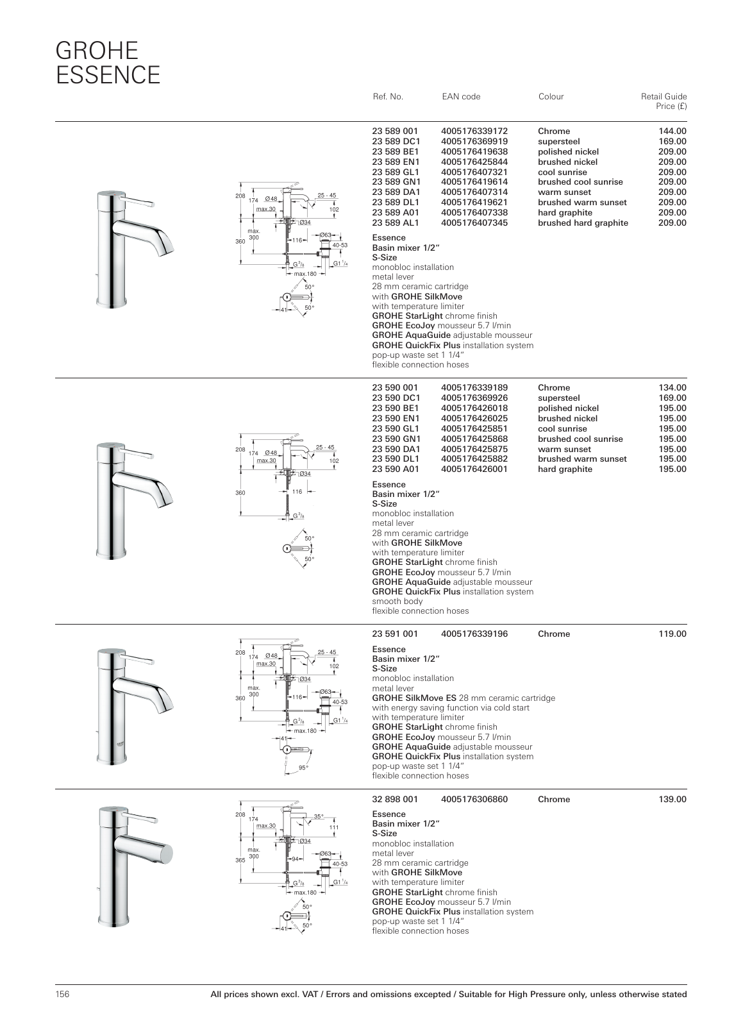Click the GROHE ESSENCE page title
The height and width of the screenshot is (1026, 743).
coord(108,62)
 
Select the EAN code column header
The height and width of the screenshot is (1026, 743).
coord(461,97)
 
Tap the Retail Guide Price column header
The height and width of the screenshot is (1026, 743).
coord(664,101)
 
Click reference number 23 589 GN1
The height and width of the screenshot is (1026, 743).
coord(396,182)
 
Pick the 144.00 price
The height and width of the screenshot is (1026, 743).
coord(672,131)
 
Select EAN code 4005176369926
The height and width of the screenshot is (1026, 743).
coord(474,398)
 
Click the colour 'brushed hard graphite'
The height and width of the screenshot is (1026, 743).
coord(583,223)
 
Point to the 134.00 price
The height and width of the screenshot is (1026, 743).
coord(672,388)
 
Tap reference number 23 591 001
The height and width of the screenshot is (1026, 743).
coord(395,634)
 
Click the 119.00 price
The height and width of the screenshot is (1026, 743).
coord(672,634)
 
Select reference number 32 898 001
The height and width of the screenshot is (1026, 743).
coord(395,800)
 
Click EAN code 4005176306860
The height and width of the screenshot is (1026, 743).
coord(474,800)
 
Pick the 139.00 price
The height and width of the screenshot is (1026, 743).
coord(672,800)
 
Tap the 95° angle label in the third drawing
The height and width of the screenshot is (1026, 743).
coord(303,768)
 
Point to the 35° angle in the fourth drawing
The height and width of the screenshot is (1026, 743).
coord(319,817)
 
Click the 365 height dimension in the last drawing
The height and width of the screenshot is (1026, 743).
coord(240,861)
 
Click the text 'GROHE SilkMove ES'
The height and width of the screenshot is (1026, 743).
coord(414,698)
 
